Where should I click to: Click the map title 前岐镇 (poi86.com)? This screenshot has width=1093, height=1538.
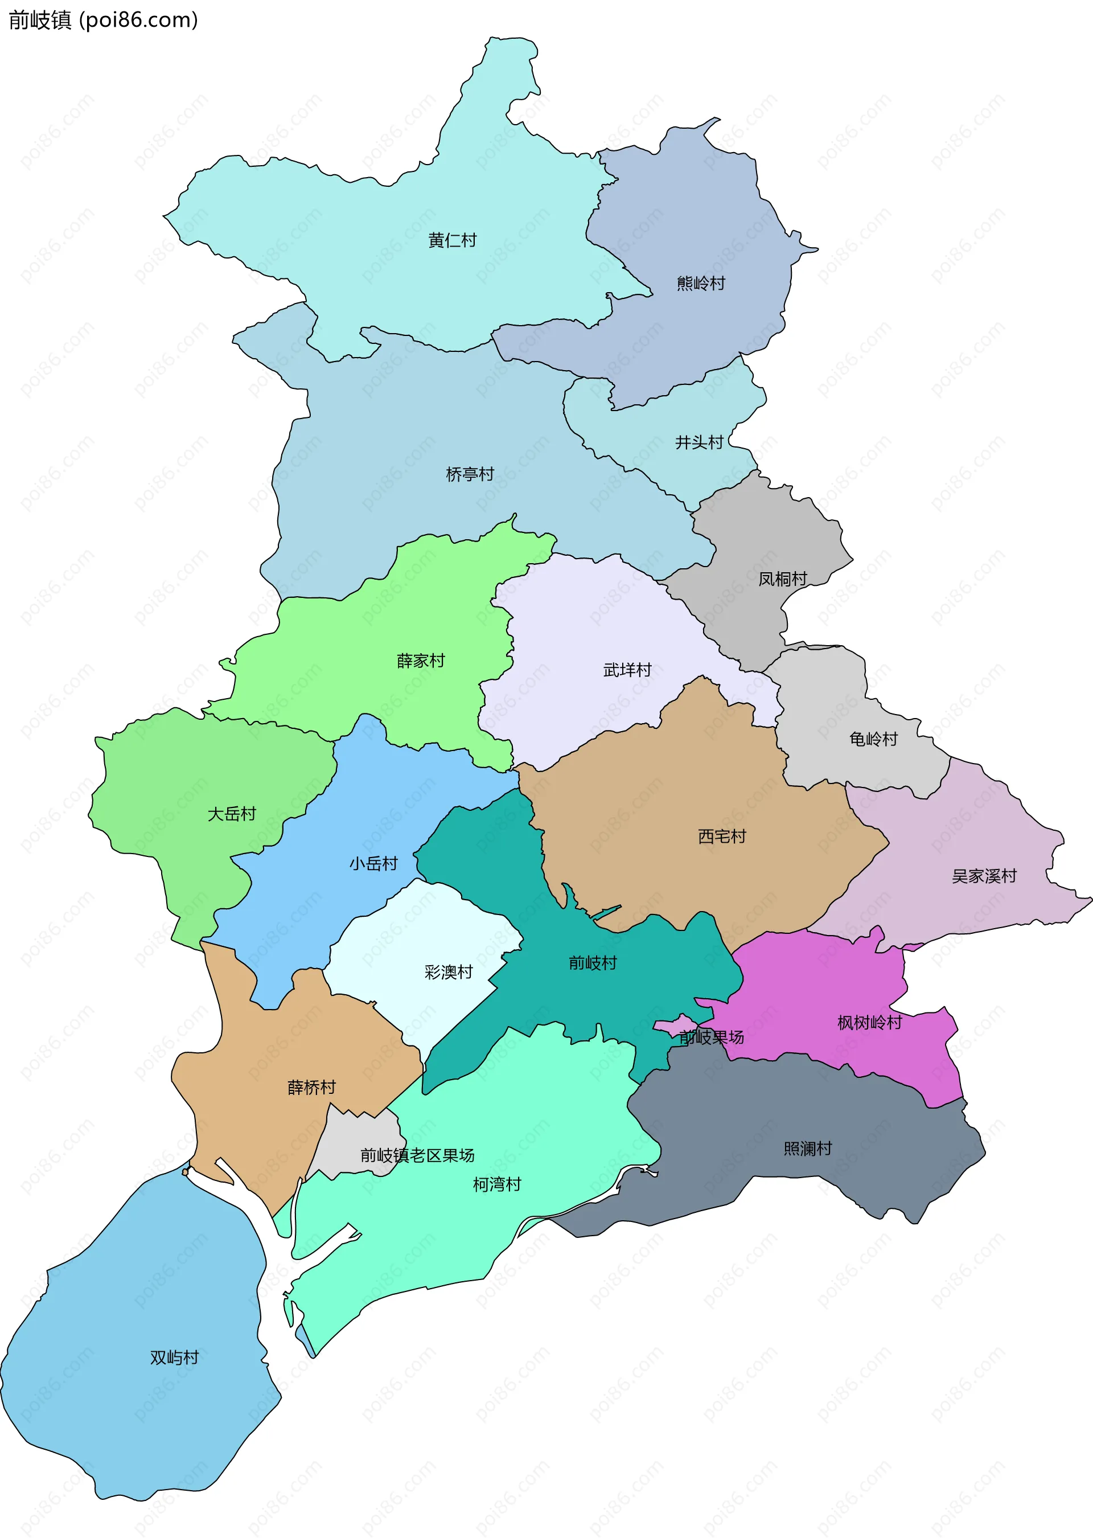tap(103, 20)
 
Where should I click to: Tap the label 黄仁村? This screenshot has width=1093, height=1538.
tap(452, 240)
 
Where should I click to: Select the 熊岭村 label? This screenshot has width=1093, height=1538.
tap(701, 284)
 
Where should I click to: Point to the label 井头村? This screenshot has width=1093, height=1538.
tap(699, 442)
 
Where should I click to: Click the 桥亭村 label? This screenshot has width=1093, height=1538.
tap(470, 474)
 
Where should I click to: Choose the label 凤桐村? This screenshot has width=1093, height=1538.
tap(782, 579)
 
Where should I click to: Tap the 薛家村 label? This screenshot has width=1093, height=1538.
tap(421, 661)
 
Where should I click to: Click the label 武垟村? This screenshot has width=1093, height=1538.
tap(627, 670)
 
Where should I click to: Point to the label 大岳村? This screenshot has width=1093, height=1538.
tap(232, 814)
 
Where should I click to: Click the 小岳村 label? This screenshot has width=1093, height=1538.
tap(373, 864)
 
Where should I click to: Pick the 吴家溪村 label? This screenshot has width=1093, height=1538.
tap(984, 876)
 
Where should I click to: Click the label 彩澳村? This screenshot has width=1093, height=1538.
tap(448, 972)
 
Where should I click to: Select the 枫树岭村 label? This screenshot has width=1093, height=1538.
tap(869, 1023)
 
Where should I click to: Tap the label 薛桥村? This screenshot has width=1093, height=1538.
tap(311, 1088)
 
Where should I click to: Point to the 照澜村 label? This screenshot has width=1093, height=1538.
tap(808, 1149)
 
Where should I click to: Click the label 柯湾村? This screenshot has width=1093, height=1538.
tap(497, 1184)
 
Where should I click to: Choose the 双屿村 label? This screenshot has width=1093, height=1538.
tap(174, 1357)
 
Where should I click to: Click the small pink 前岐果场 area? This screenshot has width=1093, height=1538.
tap(669, 1027)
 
